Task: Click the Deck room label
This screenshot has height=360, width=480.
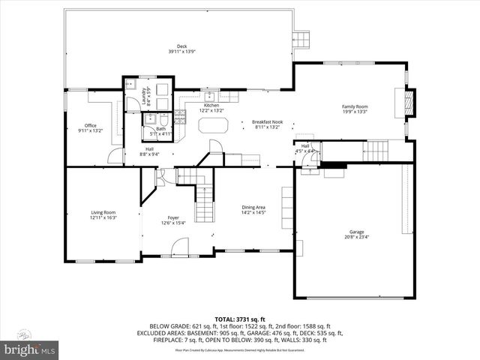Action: tap(181, 45)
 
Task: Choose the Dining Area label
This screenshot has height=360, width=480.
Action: tap(253, 207)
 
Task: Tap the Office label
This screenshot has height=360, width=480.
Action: tap(91, 125)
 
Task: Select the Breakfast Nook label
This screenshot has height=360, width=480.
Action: tap(266, 122)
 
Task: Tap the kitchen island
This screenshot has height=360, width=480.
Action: tap(213, 127)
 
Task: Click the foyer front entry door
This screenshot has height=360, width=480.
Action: tap(180, 247)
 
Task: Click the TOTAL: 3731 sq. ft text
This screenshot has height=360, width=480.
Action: tap(239, 318)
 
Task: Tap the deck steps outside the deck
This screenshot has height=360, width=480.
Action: tap(301, 39)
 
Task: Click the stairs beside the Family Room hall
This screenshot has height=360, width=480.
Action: tap(378, 151)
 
